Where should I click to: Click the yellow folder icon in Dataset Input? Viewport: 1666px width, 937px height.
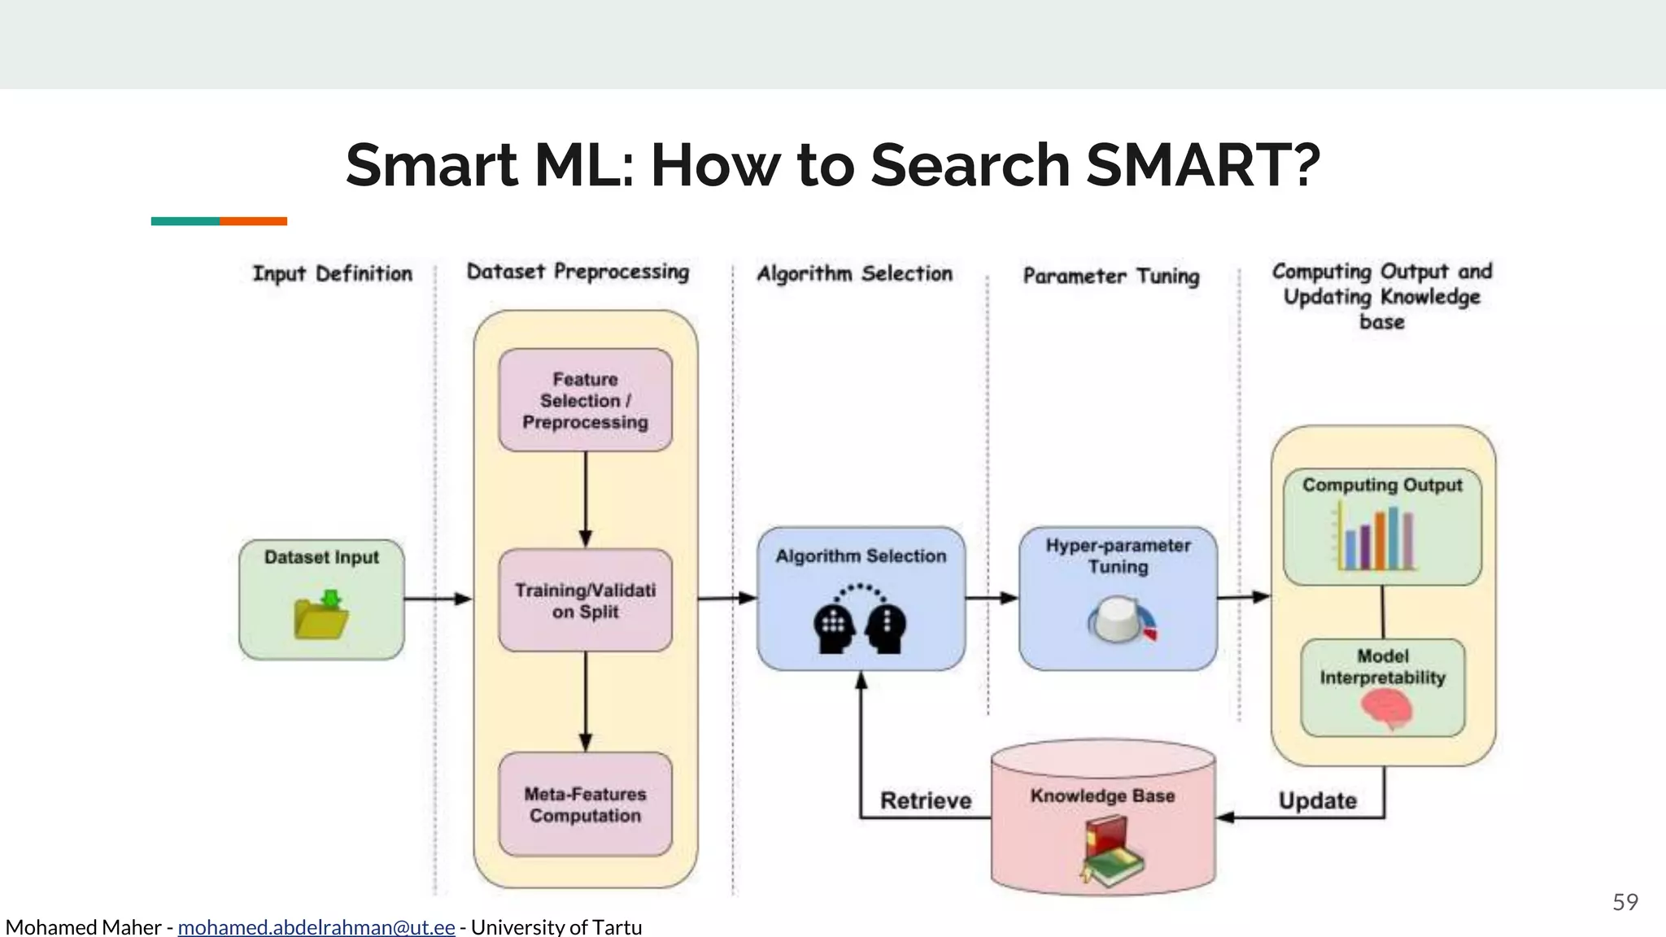[321, 616]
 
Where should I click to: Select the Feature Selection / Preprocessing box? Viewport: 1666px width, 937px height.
[585, 400]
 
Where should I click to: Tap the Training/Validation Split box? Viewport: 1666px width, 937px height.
[585, 600]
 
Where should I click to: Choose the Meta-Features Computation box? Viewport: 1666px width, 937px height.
[585, 804]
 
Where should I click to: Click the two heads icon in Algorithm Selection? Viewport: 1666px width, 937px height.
[860, 620]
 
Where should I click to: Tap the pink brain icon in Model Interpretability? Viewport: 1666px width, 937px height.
[1386, 707]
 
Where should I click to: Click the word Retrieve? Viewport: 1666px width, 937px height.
[926, 800]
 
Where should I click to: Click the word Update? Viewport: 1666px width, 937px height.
[1317, 800]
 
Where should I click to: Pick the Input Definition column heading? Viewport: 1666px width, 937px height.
[332, 273]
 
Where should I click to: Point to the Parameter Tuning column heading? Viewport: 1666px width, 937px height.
[1110, 276]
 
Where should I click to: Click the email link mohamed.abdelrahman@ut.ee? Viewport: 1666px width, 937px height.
[316, 926]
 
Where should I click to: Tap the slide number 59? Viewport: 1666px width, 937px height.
[1625, 901]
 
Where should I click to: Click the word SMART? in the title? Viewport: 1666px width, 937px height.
[1202, 165]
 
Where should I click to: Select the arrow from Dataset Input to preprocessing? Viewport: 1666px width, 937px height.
[438, 599]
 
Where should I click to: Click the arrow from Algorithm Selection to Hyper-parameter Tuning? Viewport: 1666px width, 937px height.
[992, 598]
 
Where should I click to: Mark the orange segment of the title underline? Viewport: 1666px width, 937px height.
[253, 221]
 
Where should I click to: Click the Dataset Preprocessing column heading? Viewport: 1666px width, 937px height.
[578, 272]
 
